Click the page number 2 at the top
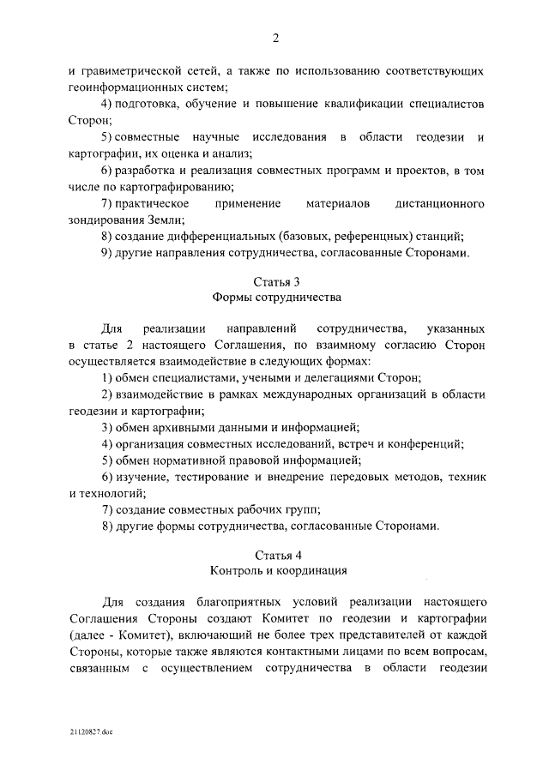(x=275, y=37)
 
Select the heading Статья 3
(x=275, y=282)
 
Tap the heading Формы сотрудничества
(x=275, y=298)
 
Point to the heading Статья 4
(x=275, y=555)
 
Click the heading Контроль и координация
(x=275, y=571)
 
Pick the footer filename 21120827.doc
(x=93, y=731)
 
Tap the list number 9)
(x=106, y=252)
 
